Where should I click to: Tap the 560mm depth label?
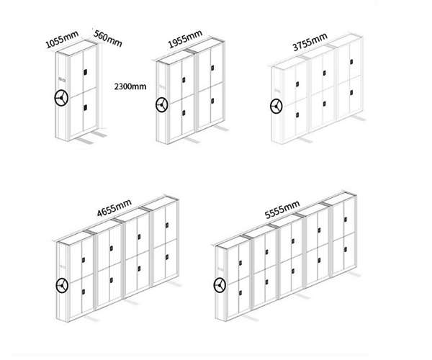[x=107, y=37]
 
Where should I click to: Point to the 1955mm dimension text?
[x=184, y=42]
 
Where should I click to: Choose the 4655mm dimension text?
[x=114, y=209]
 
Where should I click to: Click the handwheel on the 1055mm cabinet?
[x=61, y=97]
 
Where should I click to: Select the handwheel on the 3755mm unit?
[x=276, y=107]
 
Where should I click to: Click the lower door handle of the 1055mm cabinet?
[x=86, y=108]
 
